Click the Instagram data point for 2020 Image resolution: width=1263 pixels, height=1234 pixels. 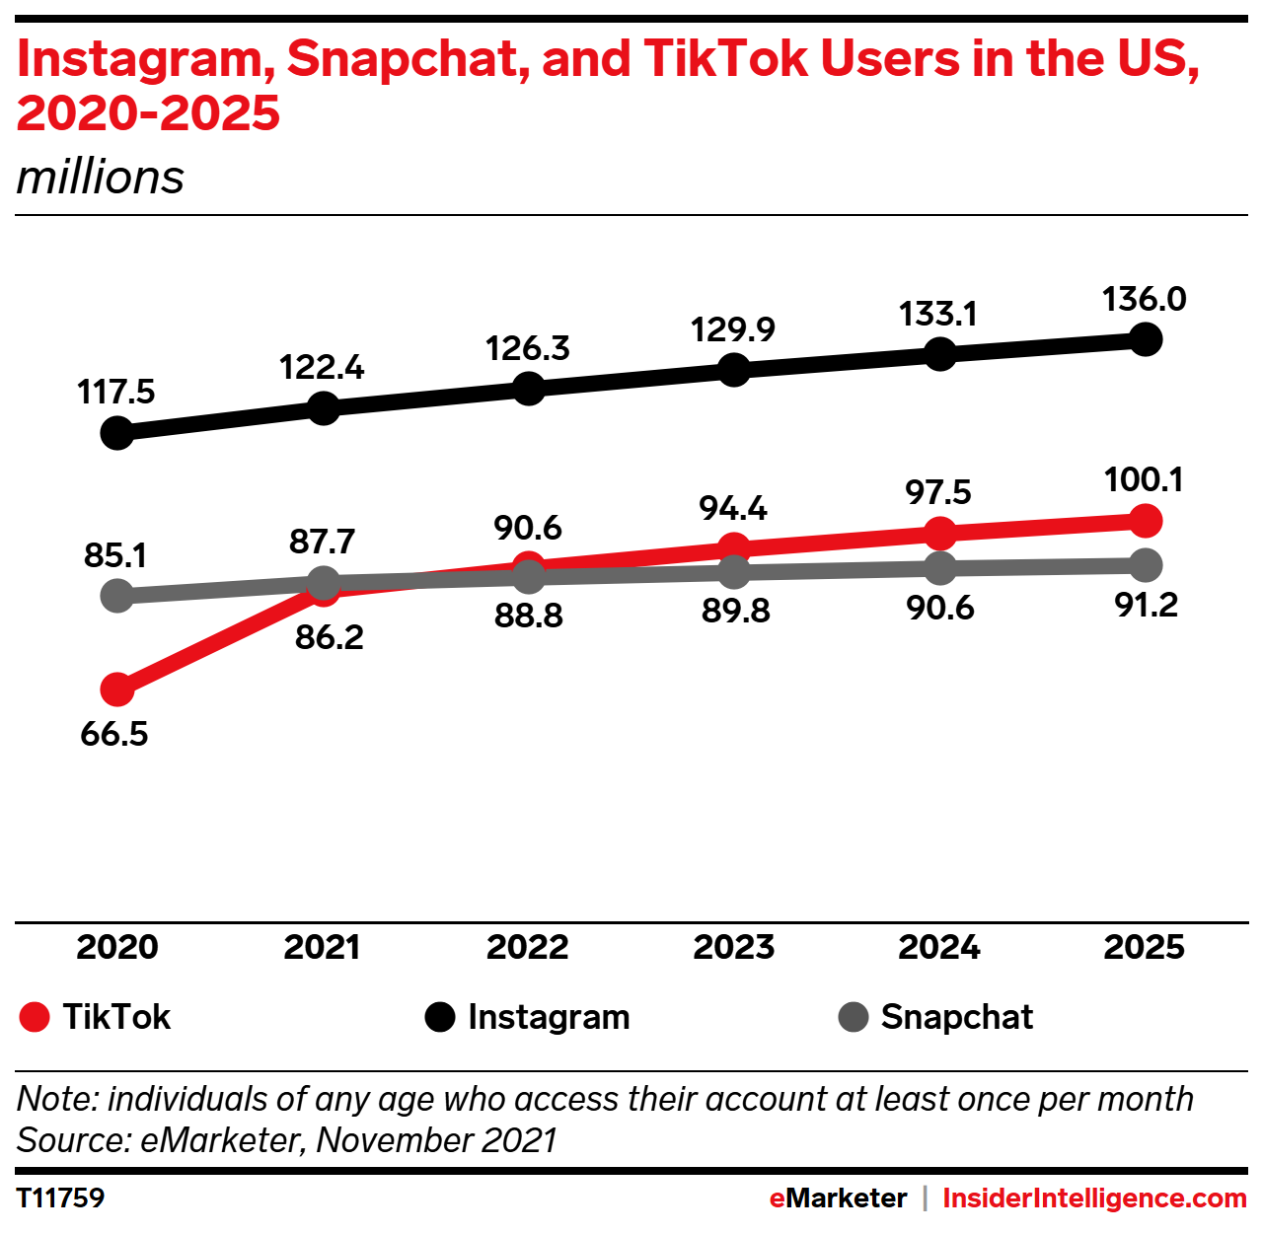[x=117, y=432]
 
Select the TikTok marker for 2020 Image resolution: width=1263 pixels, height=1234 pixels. [x=117, y=689]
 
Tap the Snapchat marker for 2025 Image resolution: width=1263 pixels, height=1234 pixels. [x=1145, y=565]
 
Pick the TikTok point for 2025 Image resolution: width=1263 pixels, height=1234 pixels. [x=1145, y=520]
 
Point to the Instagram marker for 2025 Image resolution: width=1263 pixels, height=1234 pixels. [x=1145, y=339]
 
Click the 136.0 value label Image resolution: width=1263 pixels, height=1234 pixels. [x=1145, y=299]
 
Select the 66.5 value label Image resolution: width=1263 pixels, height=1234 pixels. [x=114, y=734]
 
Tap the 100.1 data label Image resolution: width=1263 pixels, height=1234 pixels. [x=1144, y=479]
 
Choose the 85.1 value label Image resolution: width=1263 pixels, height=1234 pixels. [x=115, y=555]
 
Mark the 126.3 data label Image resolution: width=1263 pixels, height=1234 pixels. [x=528, y=348]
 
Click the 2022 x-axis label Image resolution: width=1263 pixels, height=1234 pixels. [x=528, y=947]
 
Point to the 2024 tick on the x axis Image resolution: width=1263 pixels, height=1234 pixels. [x=939, y=947]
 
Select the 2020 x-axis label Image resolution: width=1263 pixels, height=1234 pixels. [x=117, y=947]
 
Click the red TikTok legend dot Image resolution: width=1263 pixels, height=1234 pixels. [x=35, y=1017]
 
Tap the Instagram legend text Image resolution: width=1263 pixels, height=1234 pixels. [x=549, y=1017]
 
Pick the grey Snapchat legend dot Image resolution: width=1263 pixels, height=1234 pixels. [x=854, y=1017]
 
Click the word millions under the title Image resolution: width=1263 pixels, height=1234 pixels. [x=101, y=178]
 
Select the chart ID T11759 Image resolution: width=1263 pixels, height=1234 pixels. [x=61, y=1198]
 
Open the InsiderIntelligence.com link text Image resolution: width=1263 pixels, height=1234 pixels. [x=1094, y=1198]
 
